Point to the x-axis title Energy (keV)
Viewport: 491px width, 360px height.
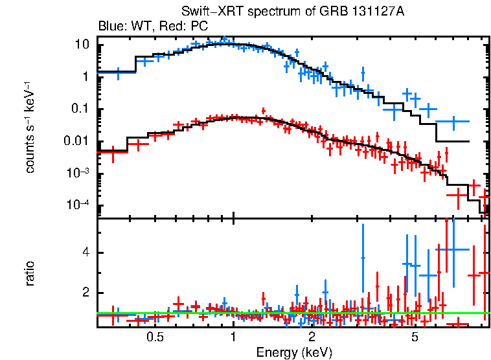[294, 352]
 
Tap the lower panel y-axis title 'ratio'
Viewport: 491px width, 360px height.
[30, 273]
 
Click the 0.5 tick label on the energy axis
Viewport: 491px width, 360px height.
[154, 337]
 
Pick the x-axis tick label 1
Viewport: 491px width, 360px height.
[233, 337]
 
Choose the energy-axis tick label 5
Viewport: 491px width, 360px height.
[415, 337]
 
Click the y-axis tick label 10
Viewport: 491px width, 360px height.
[82, 45]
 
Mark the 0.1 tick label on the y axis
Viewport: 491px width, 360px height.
[80, 109]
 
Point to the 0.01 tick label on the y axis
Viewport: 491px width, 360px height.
[77, 142]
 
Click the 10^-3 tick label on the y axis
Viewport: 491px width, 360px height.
[78, 173]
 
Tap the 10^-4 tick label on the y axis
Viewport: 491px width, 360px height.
[78, 205]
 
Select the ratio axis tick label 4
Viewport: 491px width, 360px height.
[86, 253]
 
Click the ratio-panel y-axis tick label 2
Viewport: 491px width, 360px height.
[86, 293]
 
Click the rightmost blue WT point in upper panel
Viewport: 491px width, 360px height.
[453, 121]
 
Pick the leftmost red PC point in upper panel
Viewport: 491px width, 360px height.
[113, 153]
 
